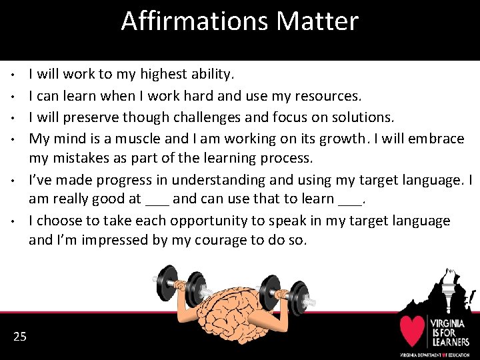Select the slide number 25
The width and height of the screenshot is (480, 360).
pos(20,337)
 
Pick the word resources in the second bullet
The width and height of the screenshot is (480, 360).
pos(327,95)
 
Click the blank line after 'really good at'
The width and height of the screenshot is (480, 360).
pos(157,199)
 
